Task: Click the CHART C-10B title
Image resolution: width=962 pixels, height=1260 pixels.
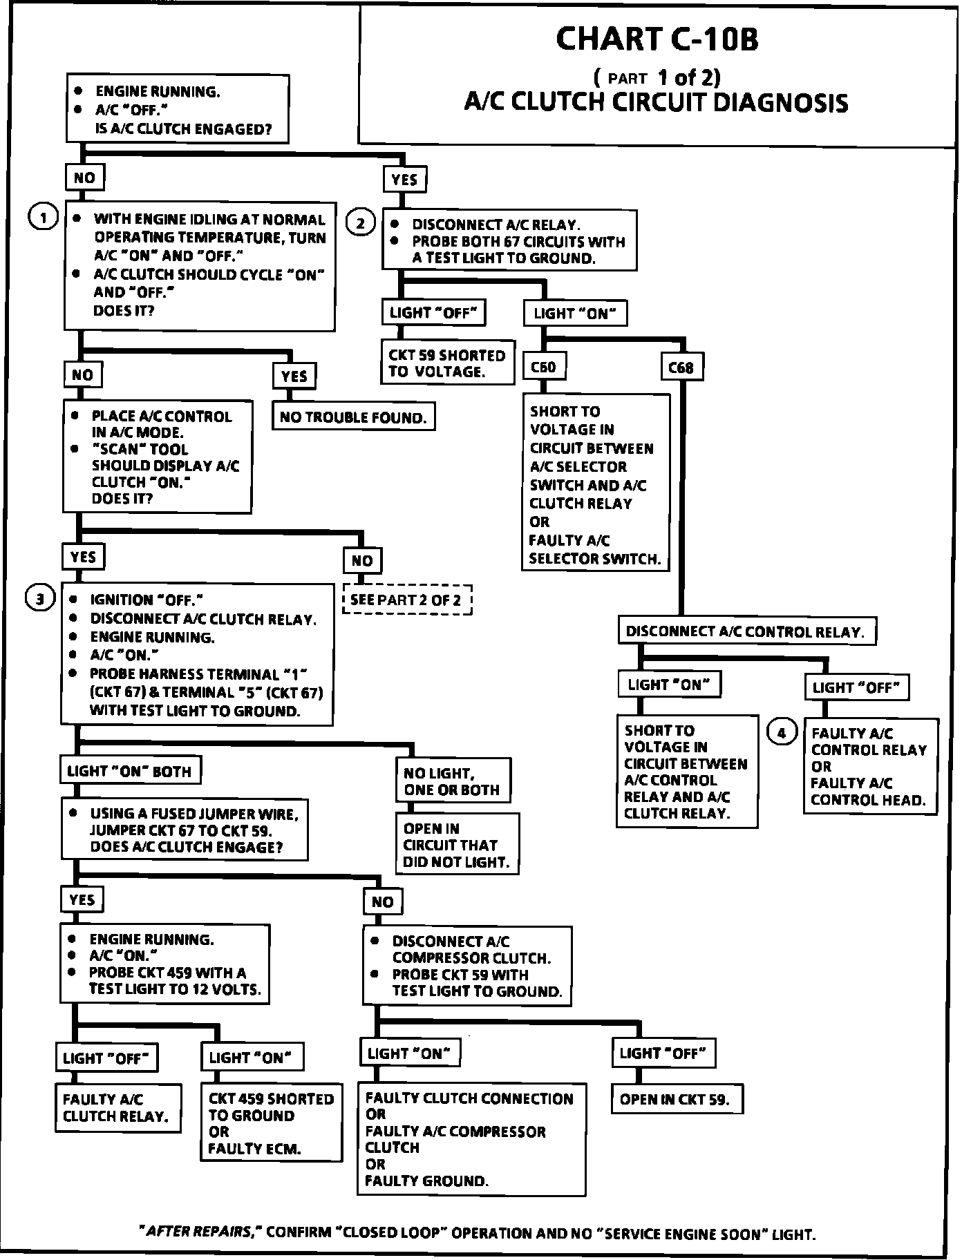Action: point(657,39)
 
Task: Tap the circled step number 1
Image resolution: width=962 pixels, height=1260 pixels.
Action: point(43,218)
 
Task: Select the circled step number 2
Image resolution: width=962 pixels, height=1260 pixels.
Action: point(361,223)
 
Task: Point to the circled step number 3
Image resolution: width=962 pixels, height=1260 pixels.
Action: point(40,599)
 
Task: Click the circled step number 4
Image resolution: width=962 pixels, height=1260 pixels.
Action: point(782,733)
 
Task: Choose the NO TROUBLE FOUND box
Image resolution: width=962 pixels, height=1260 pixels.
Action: point(353,417)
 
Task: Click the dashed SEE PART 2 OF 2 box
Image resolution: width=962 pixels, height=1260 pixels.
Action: point(406,600)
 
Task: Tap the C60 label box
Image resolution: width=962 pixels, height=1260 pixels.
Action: point(543,367)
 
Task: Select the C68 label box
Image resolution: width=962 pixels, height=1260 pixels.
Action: point(681,367)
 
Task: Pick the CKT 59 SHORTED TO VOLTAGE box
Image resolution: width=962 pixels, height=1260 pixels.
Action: point(448,363)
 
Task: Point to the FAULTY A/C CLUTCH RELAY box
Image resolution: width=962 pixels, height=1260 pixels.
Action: point(117,1108)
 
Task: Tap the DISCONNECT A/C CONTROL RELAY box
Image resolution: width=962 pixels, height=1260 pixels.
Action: point(746,631)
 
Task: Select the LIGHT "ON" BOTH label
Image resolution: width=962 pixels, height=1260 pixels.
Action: point(129,771)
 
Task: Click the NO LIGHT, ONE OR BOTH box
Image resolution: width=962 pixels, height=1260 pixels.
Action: point(453,781)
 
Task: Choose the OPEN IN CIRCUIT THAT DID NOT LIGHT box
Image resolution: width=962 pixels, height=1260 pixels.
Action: point(457,845)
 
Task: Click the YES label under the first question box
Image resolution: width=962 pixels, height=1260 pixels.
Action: point(404,180)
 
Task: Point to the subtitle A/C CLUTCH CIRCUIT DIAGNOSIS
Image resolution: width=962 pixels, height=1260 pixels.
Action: point(655,103)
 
